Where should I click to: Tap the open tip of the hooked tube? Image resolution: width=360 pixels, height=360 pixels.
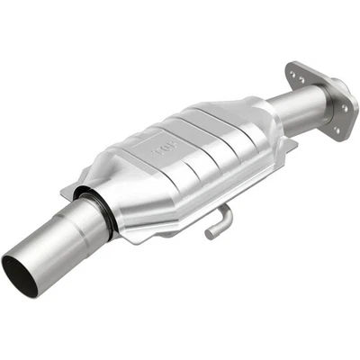tap(209, 235)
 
